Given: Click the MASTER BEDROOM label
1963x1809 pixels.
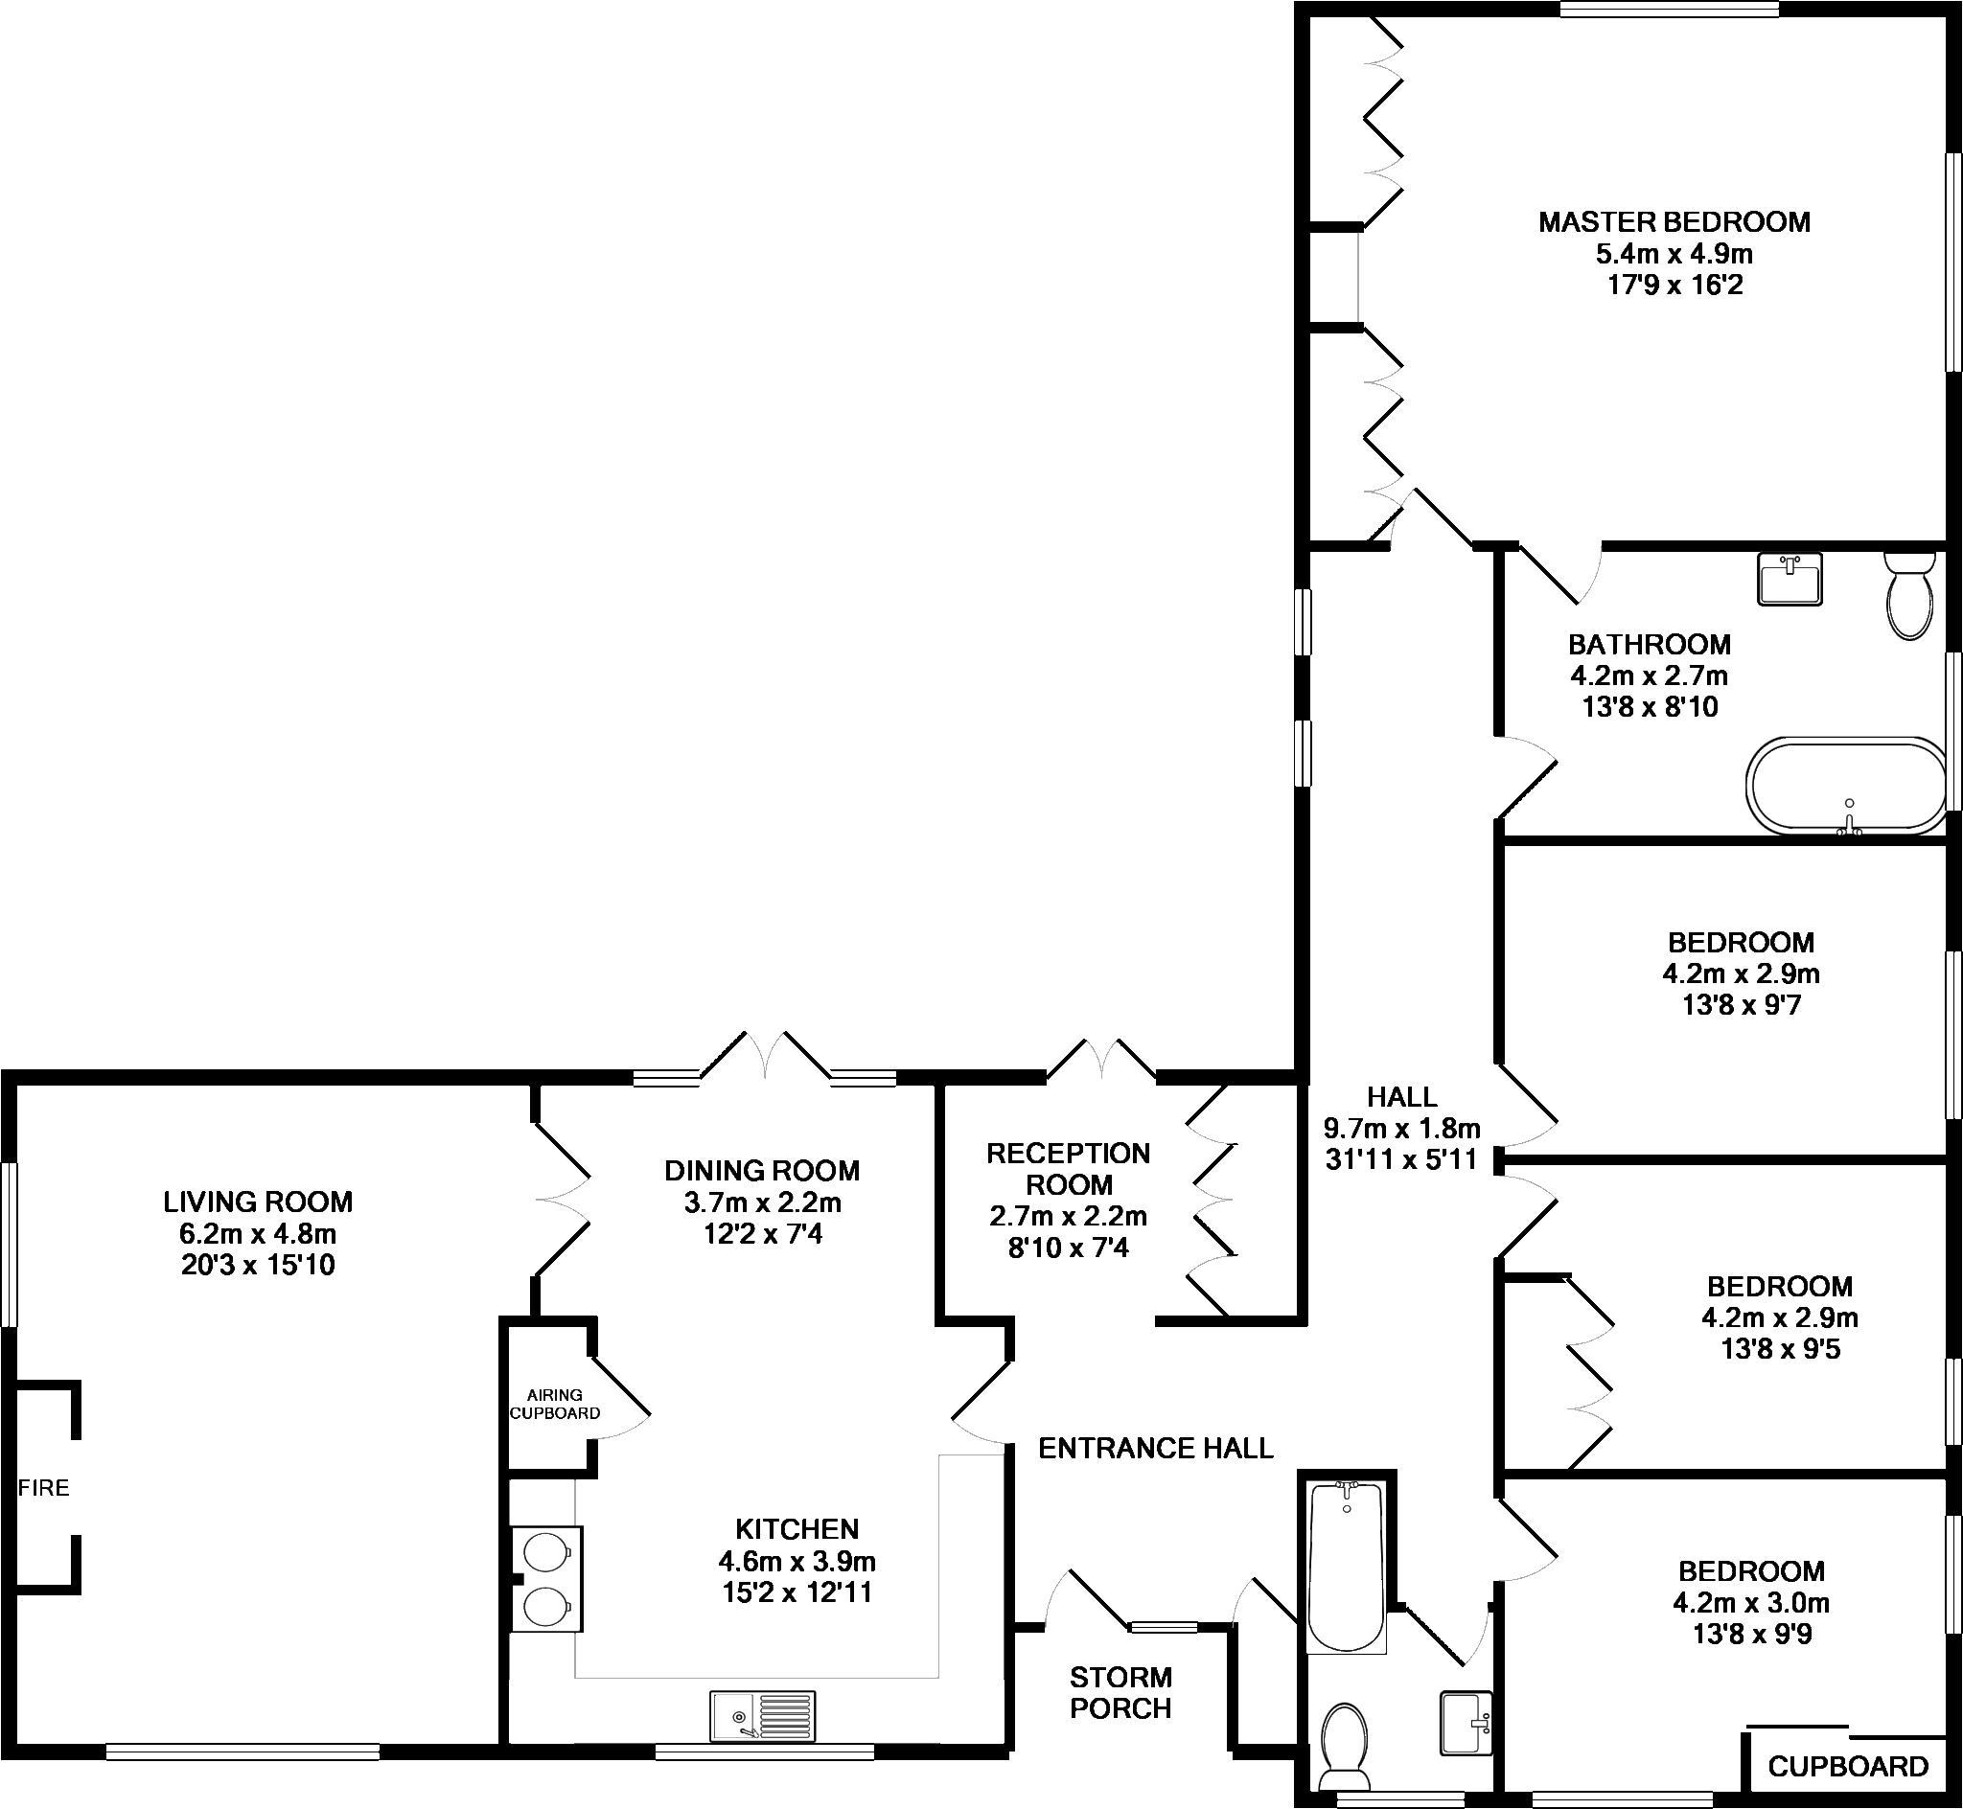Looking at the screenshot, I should coord(1674,222).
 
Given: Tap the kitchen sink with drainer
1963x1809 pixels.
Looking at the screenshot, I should coord(763,1716).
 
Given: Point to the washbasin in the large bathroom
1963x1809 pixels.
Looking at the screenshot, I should coord(1790,579).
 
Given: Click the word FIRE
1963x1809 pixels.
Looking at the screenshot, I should coord(44,1488).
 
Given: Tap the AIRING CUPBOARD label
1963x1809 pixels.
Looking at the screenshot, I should coord(554,1404).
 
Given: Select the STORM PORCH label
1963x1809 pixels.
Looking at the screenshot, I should coord(1120,1692).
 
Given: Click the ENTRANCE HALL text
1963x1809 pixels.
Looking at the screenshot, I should coord(1155,1448).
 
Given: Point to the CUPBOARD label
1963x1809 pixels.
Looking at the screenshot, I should coord(1847,1766).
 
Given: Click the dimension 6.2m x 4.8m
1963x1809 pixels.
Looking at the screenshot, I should coord(259,1233).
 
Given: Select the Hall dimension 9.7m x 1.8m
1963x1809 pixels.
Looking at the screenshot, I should coord(1401,1129).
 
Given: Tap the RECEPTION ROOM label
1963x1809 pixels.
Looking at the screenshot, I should coord(1068,1169).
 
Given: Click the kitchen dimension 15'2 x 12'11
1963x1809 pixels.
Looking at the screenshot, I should coord(797,1592).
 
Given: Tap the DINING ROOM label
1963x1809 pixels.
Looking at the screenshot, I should coord(762,1171).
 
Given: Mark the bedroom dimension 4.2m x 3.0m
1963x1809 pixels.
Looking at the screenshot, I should coord(1750,1602).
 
